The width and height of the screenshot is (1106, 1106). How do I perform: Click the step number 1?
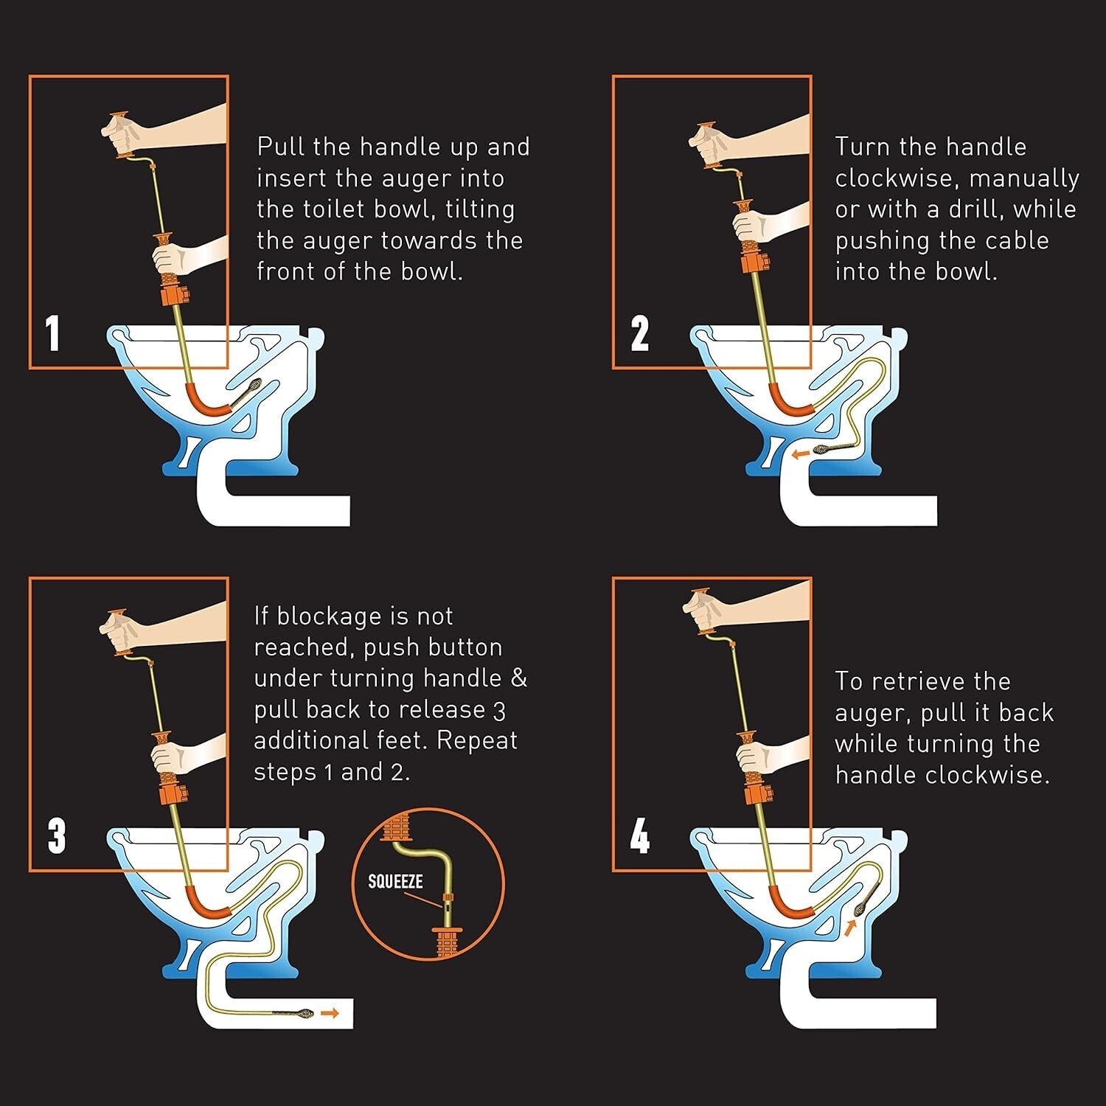[52, 333]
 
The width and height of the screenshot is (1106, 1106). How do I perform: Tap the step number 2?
[639, 333]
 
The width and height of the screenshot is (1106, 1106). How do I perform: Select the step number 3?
[56, 836]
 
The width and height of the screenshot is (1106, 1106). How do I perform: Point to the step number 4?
[639, 836]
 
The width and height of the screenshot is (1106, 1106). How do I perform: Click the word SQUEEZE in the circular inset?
[395, 881]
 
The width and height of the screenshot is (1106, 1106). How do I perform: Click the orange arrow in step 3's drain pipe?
[330, 1014]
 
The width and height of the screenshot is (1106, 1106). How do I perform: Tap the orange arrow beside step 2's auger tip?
[799, 455]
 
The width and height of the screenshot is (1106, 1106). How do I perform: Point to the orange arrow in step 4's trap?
[850, 927]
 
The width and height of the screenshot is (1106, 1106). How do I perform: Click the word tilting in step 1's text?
[480, 209]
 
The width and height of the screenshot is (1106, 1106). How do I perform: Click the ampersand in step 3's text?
[519, 678]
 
